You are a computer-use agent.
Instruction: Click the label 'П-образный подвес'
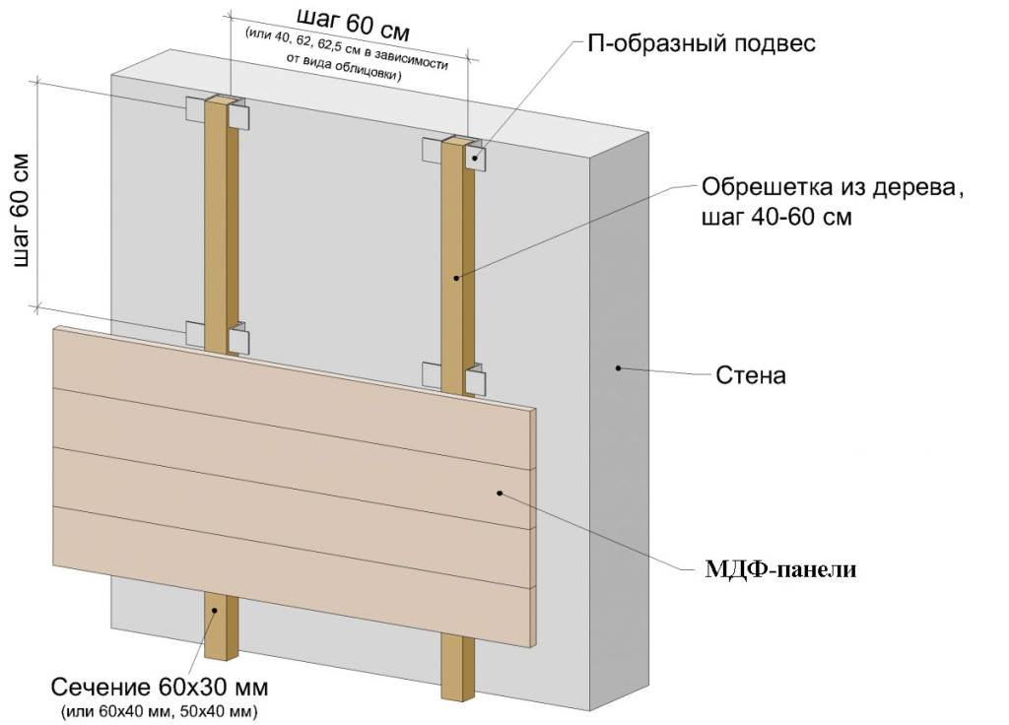[x=702, y=44]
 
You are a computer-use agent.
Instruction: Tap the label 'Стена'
[x=750, y=375]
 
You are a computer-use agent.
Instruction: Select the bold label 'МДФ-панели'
[x=780, y=569]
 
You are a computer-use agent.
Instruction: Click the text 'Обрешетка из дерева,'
[x=832, y=188]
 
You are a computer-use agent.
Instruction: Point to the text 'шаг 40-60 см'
[x=776, y=217]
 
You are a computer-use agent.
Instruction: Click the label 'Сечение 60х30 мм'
[x=160, y=687]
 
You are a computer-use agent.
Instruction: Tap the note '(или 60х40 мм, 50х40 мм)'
[x=160, y=712]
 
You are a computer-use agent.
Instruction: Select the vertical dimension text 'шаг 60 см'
[x=22, y=209]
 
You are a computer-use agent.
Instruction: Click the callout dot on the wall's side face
[x=618, y=368]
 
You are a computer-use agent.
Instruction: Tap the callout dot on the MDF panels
[x=500, y=493]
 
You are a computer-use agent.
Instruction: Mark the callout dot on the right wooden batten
[x=456, y=278]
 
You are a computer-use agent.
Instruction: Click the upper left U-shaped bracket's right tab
[x=237, y=116]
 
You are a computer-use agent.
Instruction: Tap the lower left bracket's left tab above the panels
[x=196, y=333]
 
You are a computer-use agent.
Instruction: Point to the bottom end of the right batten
[x=457, y=697]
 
